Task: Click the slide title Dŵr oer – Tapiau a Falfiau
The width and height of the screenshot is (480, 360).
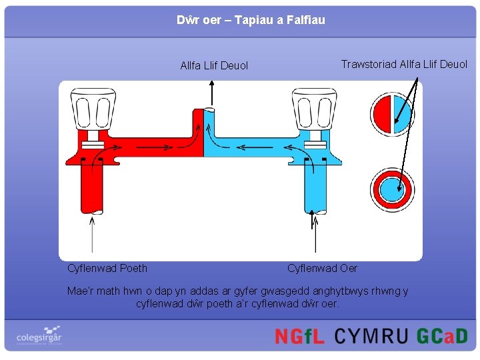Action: pos(251,20)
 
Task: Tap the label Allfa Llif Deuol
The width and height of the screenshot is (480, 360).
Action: pos(214,65)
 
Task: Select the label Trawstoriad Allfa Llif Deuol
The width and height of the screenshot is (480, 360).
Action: pos(404,64)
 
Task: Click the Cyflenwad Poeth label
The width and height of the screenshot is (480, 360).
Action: pos(107,268)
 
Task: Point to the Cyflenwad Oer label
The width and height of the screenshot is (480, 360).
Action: pos(322,268)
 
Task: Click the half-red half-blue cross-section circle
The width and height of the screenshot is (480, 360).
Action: pos(393,113)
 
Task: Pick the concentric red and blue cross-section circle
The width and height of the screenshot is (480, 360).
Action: pos(393,188)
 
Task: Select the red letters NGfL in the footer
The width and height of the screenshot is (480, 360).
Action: pos(300,335)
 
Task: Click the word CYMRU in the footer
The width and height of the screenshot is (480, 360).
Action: pos(371,335)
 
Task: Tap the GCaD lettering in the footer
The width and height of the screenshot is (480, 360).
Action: pos(442,335)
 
